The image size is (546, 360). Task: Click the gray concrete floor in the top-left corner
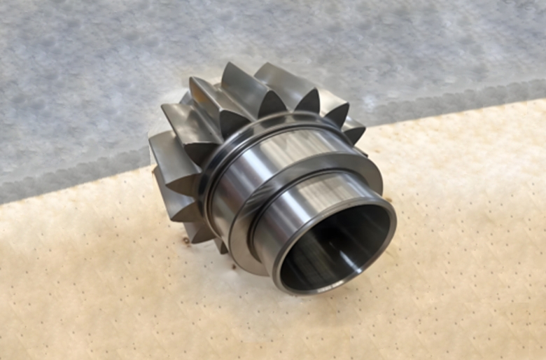click(42, 35)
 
